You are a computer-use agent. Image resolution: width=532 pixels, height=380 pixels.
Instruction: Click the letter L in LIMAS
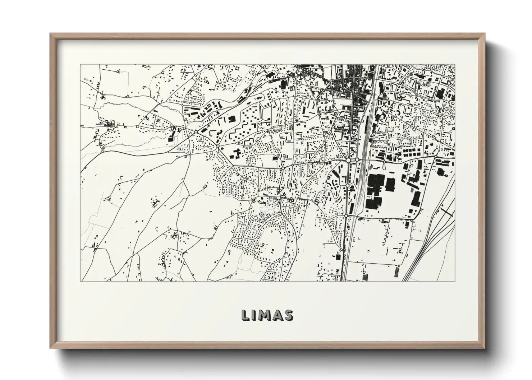(x=245, y=315)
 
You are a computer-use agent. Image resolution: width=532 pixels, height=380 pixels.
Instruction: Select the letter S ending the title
(x=288, y=315)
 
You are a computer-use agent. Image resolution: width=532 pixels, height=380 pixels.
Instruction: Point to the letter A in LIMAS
(x=276, y=315)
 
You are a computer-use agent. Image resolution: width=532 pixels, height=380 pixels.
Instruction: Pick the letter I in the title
(x=254, y=315)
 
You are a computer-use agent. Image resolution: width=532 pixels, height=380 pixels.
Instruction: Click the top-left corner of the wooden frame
(x=51, y=34)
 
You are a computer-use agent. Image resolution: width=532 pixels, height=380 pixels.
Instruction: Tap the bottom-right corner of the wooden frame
(x=485, y=348)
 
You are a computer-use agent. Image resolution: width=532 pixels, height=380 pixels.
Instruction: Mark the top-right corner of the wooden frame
(x=485, y=34)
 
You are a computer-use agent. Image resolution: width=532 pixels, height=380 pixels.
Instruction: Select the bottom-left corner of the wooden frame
(x=51, y=348)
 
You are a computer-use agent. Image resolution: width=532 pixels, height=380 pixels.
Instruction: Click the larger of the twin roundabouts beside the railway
(x=348, y=160)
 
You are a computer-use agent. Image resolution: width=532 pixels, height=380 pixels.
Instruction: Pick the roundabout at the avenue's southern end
(x=346, y=216)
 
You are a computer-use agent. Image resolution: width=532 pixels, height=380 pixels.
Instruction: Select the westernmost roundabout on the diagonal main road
(x=196, y=133)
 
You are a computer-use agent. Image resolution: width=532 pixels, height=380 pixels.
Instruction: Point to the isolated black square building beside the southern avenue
(x=338, y=257)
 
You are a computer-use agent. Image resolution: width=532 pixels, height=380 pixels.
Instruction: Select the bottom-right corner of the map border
(x=455, y=281)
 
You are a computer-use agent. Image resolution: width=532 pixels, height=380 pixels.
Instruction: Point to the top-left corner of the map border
(x=80, y=64)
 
